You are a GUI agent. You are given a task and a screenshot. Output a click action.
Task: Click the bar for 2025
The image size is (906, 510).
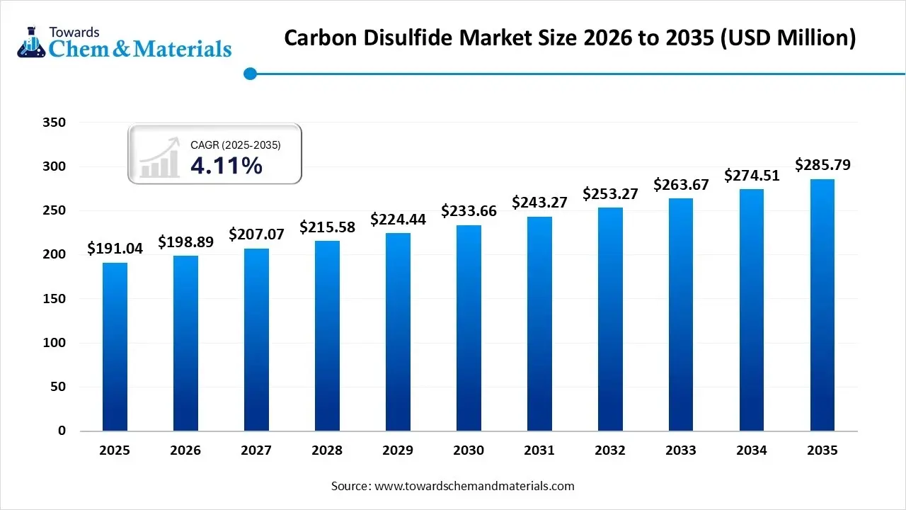pos(115,347)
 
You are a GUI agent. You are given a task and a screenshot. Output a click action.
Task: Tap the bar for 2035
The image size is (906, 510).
pos(822,305)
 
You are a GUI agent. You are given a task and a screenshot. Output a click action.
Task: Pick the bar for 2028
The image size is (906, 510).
pos(327,336)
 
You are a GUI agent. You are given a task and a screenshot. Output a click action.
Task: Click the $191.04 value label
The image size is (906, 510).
pos(115,248)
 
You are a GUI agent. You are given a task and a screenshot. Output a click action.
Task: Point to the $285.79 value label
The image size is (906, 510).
pos(822,165)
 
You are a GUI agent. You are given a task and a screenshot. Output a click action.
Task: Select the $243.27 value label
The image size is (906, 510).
pos(540,202)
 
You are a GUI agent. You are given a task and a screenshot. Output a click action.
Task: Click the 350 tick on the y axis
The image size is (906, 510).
pos(54,123)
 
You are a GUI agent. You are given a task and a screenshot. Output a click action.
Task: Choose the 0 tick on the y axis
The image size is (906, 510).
pos(62,431)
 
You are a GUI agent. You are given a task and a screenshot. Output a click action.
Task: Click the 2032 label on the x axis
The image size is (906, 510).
pos(610,450)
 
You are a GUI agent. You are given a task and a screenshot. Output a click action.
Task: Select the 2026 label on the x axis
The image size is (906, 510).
pos(185,450)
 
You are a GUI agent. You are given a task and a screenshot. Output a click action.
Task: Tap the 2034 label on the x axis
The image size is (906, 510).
pos(752,450)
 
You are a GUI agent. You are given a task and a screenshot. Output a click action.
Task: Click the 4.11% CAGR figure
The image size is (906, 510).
pos(226,166)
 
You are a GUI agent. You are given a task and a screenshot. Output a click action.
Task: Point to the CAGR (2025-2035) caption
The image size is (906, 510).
pos(236,145)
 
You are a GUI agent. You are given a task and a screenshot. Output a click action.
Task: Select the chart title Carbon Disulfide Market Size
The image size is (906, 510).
pos(570,38)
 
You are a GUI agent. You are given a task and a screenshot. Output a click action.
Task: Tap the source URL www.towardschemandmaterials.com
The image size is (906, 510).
pos(474,486)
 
